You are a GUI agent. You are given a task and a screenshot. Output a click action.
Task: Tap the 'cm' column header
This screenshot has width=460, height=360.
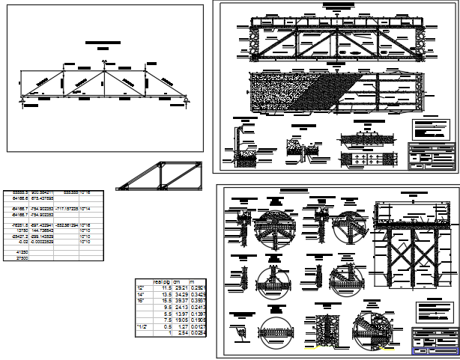(x=178, y=281)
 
